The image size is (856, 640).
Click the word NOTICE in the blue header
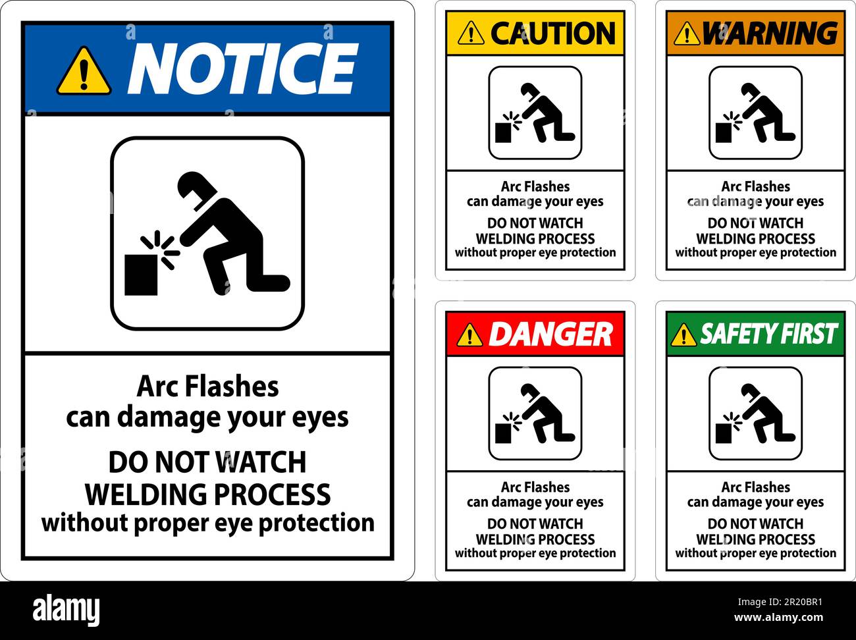pyautogui.click(x=242, y=68)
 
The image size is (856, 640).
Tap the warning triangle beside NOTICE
pyautogui.click(x=84, y=71)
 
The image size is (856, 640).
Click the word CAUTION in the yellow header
pyautogui.click(x=552, y=33)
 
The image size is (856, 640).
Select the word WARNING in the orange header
pyautogui.click(x=769, y=33)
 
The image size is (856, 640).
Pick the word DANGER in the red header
pyautogui.click(x=550, y=334)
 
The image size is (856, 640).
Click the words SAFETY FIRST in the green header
pyautogui.click(x=768, y=334)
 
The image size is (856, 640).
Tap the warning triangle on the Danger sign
pyautogui.click(x=469, y=335)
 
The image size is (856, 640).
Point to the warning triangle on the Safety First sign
pyautogui.click(x=683, y=335)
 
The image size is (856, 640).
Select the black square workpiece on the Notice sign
pyautogui.click(x=141, y=275)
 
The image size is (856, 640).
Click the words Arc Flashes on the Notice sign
pyautogui.click(x=207, y=387)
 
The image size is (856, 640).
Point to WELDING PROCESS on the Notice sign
pyautogui.click(x=208, y=494)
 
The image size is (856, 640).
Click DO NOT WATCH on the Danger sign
pyautogui.click(x=535, y=524)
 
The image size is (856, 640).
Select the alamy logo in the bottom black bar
pyautogui.click(x=66, y=610)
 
